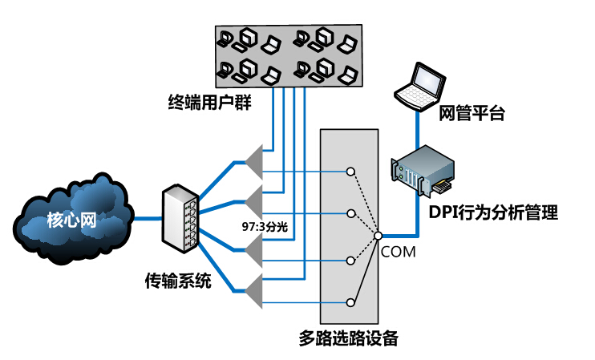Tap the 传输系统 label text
(178, 281)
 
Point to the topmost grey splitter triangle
(254, 160)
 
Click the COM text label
(399, 253)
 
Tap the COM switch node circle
(377, 237)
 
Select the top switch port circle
(350, 172)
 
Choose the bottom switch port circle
(350, 302)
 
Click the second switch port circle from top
(350, 214)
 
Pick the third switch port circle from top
(350, 261)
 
